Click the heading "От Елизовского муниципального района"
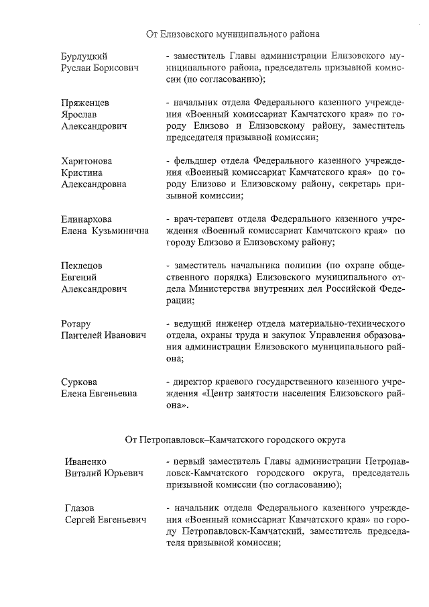(233, 33)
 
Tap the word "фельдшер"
(194, 161)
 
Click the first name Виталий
(84, 474)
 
